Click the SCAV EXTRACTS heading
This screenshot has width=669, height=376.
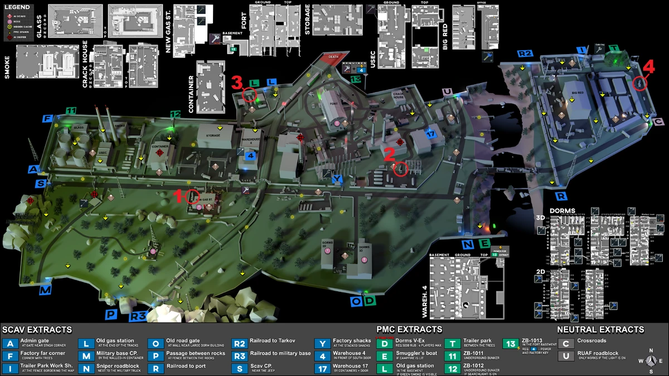coord(37,329)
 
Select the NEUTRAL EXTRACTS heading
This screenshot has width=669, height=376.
coord(600,329)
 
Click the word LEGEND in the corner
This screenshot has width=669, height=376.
coord(16,7)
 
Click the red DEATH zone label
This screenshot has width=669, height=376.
coord(333,56)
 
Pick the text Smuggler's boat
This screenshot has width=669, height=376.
coord(416,353)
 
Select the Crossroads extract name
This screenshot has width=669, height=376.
coord(593,340)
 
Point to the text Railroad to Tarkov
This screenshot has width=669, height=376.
coord(273,340)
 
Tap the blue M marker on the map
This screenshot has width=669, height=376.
coord(45,291)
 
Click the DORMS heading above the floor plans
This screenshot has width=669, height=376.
coord(562,211)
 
